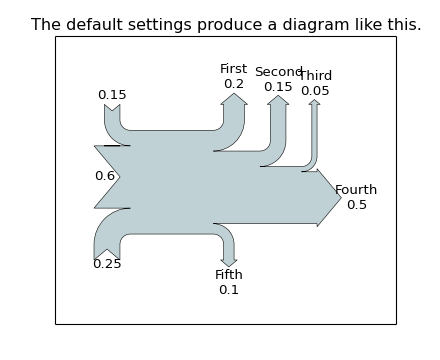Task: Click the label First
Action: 234,69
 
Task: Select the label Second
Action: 278,72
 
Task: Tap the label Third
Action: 316,76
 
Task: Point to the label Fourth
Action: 356,190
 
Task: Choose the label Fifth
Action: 229,275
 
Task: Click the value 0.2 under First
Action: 234,84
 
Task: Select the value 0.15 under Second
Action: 278,87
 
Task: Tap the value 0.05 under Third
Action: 315,91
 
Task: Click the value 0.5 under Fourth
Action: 357,205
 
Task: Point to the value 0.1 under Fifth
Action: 229,290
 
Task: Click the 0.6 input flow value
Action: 105,176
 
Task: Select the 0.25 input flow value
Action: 107,264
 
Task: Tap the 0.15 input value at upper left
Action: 112,95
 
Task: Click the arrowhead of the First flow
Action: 234,99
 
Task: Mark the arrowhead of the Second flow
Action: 278,101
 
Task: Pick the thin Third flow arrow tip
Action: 315,102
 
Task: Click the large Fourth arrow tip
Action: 330,197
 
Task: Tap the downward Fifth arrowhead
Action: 229,262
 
